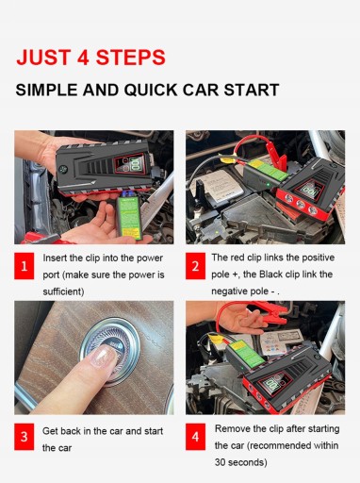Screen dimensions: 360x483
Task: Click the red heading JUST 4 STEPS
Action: [x=90, y=58]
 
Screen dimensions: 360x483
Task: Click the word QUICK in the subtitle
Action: [x=151, y=90]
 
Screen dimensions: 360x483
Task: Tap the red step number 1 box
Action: [x=25, y=266]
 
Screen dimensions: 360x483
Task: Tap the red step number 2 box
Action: [x=195, y=266]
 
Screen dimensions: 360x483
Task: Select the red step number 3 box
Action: [x=25, y=437]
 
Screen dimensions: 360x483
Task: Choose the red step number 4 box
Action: [x=195, y=437]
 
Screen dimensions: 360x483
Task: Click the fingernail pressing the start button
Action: [x=103, y=356]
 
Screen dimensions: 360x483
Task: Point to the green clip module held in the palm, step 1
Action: [x=129, y=218]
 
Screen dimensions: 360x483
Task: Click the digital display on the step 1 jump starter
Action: [x=135, y=164]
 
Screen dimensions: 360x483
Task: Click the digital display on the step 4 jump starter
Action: [x=270, y=384]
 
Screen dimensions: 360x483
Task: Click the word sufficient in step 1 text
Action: [x=62, y=291]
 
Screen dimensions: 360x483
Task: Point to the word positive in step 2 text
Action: [x=318, y=258]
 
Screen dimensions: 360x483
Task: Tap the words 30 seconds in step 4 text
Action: [x=240, y=462]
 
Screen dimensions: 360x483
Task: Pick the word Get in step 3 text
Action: [x=50, y=431]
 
